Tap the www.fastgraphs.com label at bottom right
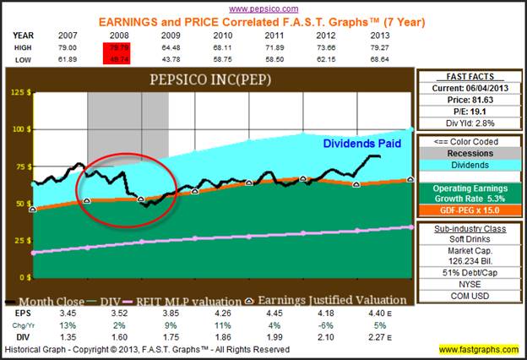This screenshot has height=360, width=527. pyautogui.click(x=479, y=349)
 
